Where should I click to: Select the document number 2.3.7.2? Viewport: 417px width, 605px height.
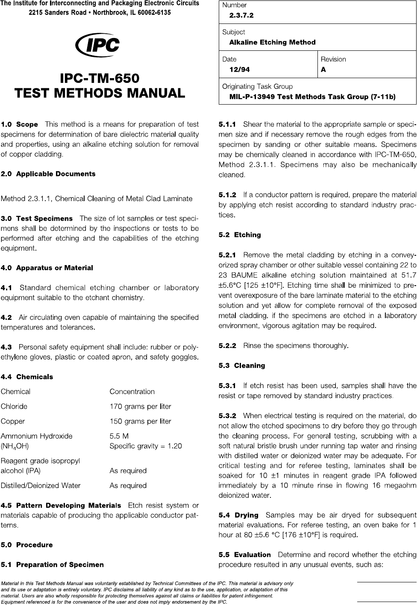point(241,15)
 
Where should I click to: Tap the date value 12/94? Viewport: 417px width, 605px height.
point(240,69)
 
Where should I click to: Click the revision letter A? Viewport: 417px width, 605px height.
point(323,69)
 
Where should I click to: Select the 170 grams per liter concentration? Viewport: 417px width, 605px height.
point(140,406)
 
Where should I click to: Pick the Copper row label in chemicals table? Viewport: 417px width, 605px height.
point(13,421)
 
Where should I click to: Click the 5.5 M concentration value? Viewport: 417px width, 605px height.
point(119,436)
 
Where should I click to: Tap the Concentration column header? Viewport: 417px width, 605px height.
point(132,392)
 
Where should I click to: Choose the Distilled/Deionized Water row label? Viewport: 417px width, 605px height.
point(41,485)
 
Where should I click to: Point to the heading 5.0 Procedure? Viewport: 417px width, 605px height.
point(27,545)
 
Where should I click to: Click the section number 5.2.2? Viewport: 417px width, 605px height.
point(227,345)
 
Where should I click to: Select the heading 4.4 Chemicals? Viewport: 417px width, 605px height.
point(27,377)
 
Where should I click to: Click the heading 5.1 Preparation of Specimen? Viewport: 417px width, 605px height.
point(52,565)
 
